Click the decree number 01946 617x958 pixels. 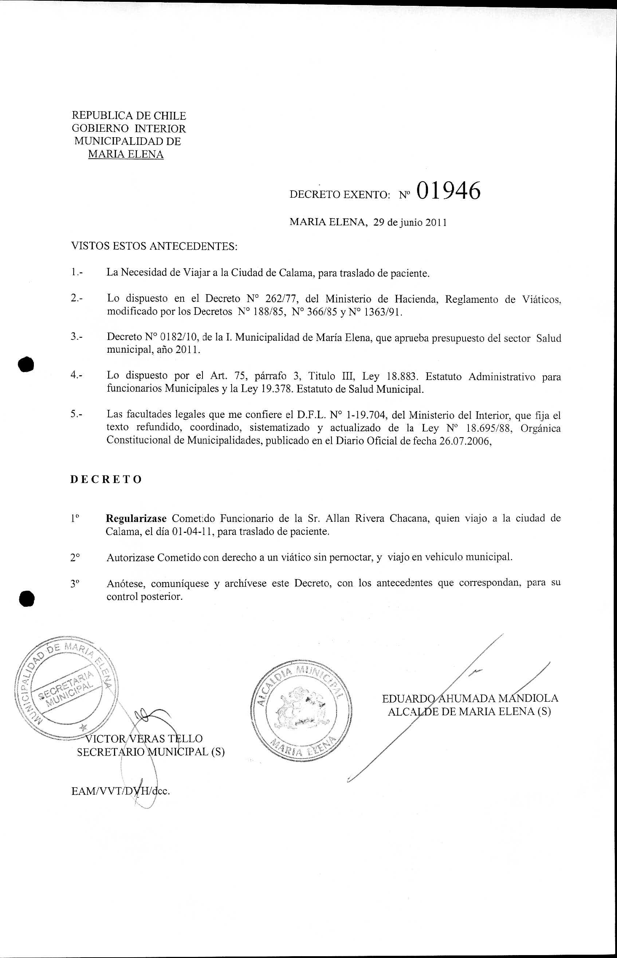click(448, 191)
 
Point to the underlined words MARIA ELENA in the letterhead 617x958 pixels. click(126, 155)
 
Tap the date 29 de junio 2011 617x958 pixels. click(410, 223)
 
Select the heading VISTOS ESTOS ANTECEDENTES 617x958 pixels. click(154, 246)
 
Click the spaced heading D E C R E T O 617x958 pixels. click(106, 480)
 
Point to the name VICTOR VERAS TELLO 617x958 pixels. click(144, 739)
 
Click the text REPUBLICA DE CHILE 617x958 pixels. click(129, 116)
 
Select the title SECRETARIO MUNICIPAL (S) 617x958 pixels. click(151, 752)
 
